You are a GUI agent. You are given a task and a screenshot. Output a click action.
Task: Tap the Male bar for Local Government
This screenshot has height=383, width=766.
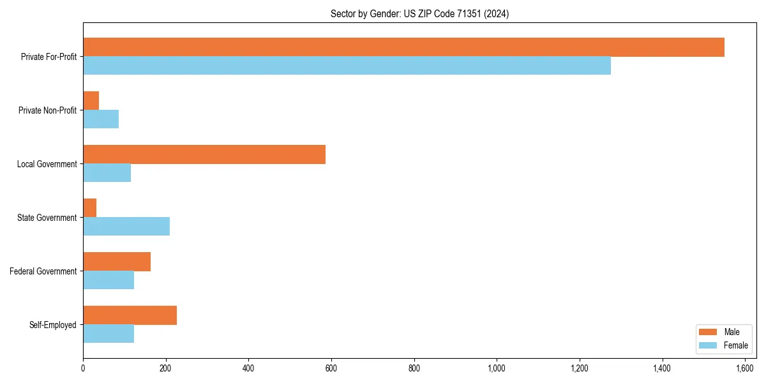[204, 154]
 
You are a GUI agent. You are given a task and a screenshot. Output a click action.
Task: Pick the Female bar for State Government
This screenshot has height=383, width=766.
[126, 227]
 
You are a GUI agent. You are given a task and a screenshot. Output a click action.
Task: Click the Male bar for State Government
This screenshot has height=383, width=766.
[90, 208]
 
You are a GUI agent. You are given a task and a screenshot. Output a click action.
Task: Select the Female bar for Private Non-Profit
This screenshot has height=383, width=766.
[101, 119]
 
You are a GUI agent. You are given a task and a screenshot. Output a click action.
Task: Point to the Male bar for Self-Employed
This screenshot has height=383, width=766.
[130, 315]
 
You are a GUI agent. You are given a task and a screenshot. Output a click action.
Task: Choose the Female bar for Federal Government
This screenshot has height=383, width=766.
[109, 280]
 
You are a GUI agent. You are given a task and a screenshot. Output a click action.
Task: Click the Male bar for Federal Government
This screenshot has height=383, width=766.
[117, 262]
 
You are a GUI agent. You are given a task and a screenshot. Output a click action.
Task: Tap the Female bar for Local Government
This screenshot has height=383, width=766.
[107, 173]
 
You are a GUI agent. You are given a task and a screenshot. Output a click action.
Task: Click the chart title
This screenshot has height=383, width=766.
[419, 13]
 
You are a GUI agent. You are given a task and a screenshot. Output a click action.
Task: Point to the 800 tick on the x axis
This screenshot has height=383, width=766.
[414, 368]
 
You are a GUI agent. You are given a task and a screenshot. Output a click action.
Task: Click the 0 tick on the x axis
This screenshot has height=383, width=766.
[83, 368]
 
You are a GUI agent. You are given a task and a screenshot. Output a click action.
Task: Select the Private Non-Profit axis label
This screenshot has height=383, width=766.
[47, 110]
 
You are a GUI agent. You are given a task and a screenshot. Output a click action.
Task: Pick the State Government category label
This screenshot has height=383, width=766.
[47, 218]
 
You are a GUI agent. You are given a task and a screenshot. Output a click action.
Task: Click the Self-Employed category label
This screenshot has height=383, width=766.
[52, 325]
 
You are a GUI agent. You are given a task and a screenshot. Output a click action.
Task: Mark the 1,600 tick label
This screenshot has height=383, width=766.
[745, 368]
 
